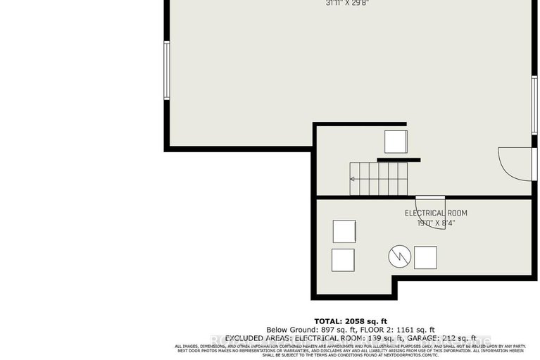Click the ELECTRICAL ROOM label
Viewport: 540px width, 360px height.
click(x=435, y=213)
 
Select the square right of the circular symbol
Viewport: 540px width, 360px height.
click(x=425, y=257)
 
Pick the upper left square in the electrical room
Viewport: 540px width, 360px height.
click(x=344, y=232)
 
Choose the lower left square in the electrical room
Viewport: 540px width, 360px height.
click(x=343, y=260)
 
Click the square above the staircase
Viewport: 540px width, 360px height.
click(x=396, y=142)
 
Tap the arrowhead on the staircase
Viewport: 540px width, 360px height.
click(x=353, y=179)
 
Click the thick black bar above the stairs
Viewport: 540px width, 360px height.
click(x=398, y=160)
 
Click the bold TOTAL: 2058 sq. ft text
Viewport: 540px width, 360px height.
click(x=350, y=321)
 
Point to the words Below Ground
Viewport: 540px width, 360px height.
click(x=283, y=330)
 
